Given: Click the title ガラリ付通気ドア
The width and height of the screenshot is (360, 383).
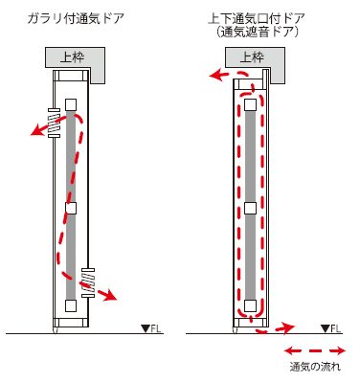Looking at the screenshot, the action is click(x=76, y=18).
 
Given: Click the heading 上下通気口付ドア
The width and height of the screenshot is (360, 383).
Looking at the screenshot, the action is click(x=257, y=18).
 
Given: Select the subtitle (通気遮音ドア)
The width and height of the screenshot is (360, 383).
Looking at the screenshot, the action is click(x=257, y=33).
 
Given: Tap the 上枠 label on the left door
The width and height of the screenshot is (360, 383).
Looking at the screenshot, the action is click(x=73, y=57).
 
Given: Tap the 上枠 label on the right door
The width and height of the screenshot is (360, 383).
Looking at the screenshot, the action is click(x=252, y=57).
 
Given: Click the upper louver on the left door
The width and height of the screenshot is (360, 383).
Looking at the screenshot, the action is click(x=54, y=124).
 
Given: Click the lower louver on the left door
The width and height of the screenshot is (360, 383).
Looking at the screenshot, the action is click(x=88, y=282).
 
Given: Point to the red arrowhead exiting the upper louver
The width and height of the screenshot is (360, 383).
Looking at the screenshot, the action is click(x=36, y=130).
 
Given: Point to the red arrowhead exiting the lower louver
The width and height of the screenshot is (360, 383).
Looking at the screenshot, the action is click(x=111, y=295).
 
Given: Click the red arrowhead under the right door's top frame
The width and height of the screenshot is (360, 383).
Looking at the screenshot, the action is click(x=215, y=75).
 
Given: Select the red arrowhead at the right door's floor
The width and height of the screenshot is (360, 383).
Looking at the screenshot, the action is click(x=289, y=327).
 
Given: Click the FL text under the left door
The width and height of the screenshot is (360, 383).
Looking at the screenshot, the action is click(x=156, y=328).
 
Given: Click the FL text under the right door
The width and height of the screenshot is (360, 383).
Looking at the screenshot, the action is click(x=335, y=328).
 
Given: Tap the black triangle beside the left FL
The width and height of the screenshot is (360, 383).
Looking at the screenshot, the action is click(x=146, y=328).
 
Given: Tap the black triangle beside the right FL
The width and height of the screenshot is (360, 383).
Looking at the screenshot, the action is click(x=326, y=328).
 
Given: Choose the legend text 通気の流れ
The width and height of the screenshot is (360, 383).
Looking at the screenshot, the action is click(x=315, y=367).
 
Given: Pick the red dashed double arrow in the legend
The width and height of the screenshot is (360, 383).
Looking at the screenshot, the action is click(x=315, y=351).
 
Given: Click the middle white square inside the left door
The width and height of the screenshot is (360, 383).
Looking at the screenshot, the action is click(x=71, y=208).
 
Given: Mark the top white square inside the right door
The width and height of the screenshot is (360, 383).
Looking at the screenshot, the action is click(x=251, y=104).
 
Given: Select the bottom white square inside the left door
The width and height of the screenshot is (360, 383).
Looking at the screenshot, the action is click(x=71, y=305).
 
